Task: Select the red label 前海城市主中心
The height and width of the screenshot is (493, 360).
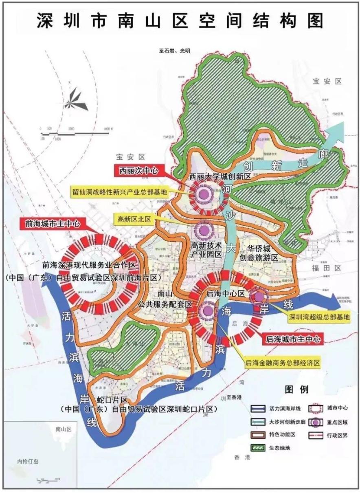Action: (51, 223)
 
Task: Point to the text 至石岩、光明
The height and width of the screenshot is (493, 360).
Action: (175, 51)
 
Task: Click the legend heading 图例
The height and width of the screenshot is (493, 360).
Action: (296, 390)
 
